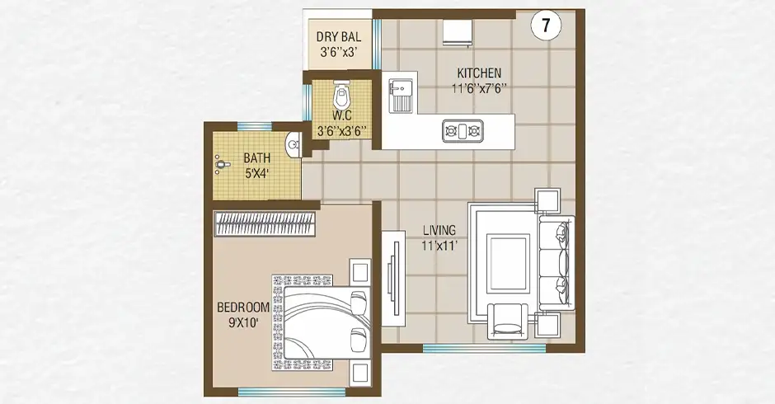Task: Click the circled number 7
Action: point(546,26)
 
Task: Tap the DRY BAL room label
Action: point(339,36)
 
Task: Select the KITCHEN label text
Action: point(479,73)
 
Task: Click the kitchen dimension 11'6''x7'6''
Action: point(479,89)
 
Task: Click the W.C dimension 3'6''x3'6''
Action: point(341,131)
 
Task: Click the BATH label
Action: point(257,158)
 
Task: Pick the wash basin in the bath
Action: point(293,145)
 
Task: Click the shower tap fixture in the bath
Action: point(222,163)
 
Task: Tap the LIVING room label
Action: point(439,230)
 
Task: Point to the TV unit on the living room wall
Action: point(393,278)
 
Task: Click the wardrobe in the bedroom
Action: point(265,224)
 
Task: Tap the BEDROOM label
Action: point(243,307)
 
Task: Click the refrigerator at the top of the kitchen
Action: point(458,33)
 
